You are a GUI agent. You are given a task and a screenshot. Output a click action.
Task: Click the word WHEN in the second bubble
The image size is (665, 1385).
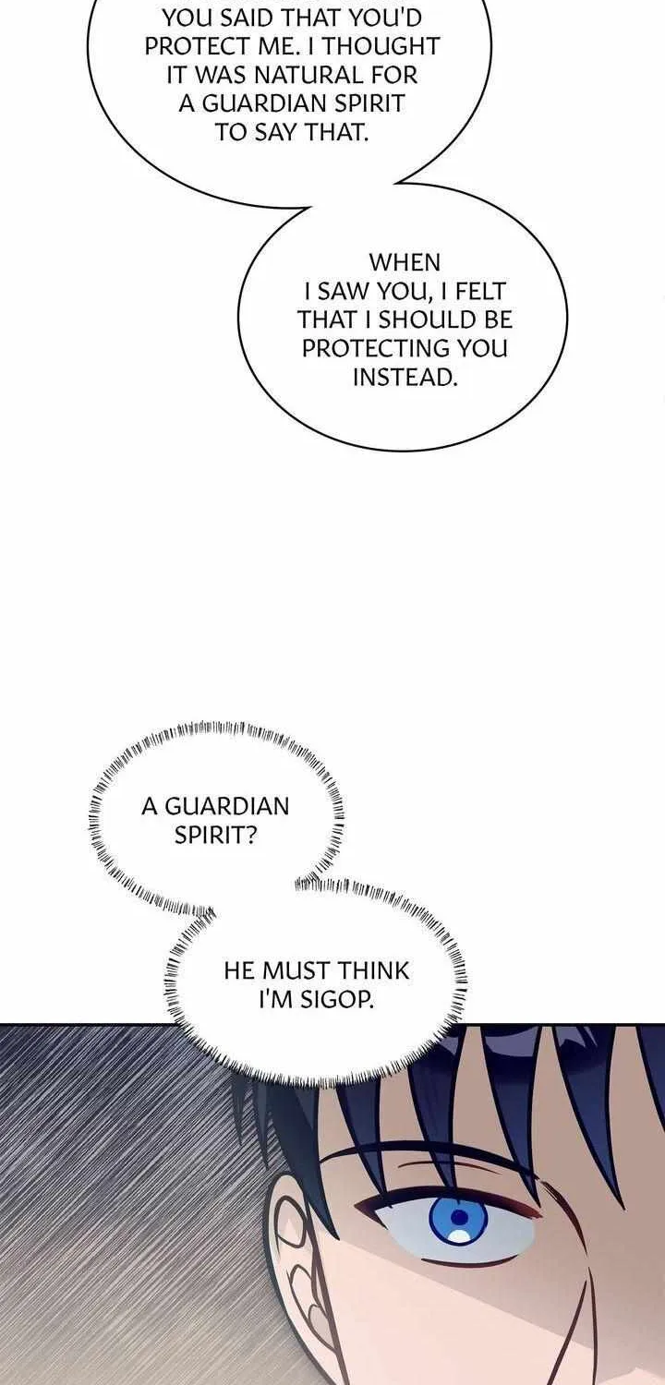(405, 263)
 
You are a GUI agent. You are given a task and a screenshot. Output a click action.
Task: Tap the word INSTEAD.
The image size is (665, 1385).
(405, 377)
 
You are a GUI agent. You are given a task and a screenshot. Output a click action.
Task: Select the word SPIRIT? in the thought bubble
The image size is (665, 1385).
(216, 836)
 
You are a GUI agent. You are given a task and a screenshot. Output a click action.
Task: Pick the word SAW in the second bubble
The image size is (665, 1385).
(337, 291)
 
